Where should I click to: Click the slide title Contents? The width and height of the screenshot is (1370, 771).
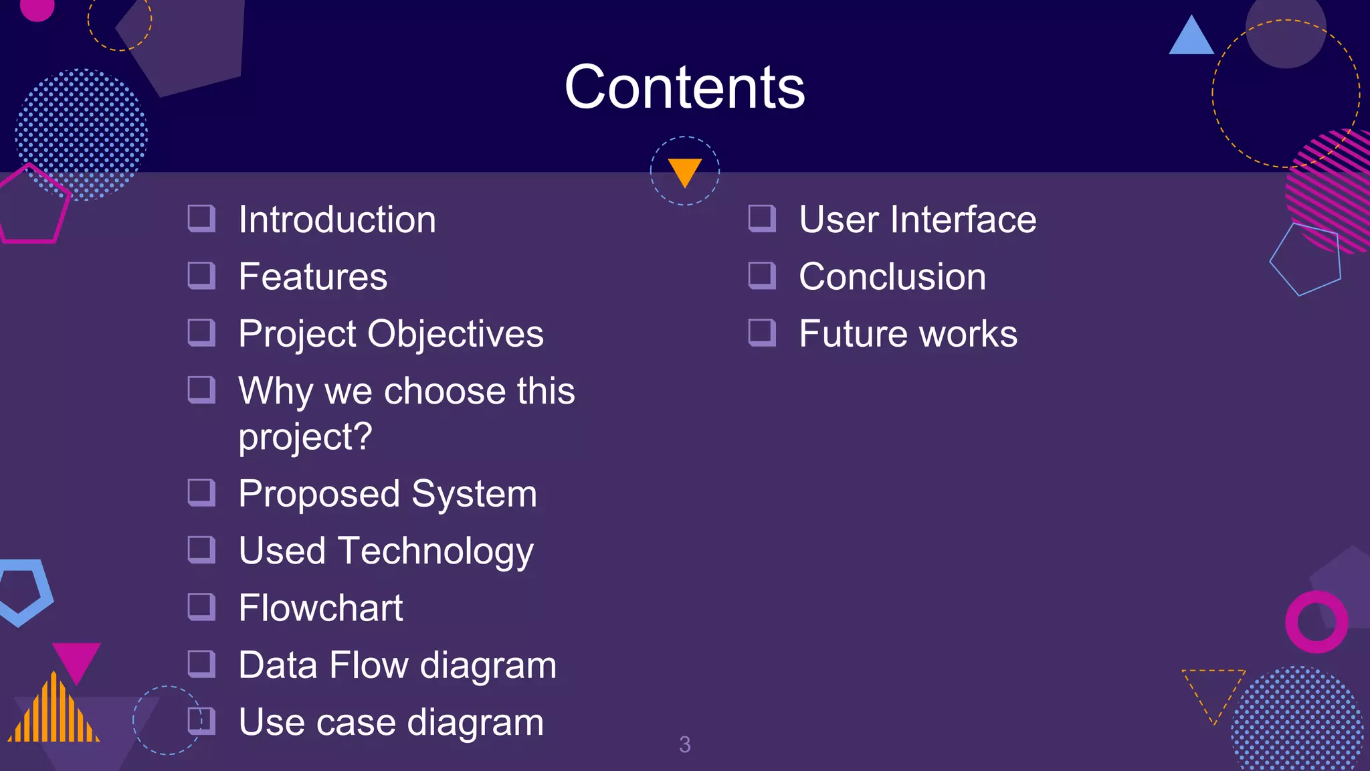pos(684,87)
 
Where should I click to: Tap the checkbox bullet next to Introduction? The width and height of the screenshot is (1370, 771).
pos(201,218)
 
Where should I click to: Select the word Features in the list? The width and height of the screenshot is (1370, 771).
pos(312,276)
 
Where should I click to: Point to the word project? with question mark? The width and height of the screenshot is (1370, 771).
pos(305,437)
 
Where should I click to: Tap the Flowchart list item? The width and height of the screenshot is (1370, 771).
pos(320,608)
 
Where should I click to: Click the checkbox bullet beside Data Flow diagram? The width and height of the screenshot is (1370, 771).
pos(201,664)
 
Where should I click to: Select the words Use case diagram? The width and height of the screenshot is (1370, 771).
pos(391,722)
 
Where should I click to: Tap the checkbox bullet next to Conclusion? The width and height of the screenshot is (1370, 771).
pos(761,275)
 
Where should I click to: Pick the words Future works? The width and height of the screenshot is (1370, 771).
pos(908,333)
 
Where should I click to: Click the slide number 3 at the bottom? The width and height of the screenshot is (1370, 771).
pos(684,744)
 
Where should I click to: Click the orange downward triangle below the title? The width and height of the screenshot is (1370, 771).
pos(684,170)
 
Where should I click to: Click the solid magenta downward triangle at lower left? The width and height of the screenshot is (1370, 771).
pos(76,659)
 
